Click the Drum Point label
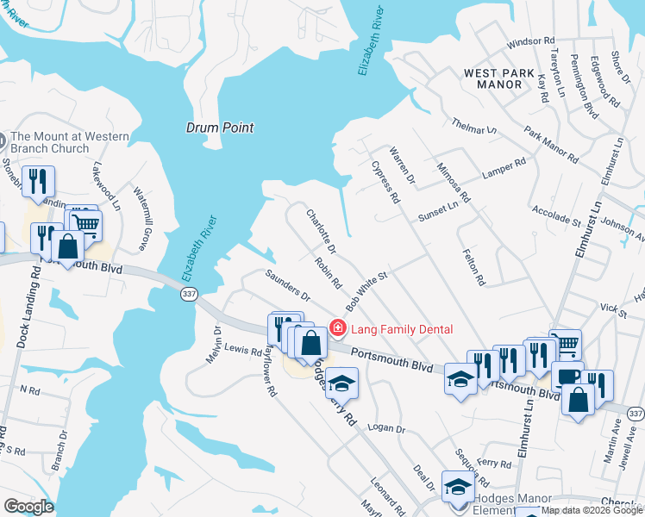220,128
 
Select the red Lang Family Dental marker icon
338,327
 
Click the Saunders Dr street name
287,285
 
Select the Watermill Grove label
142,212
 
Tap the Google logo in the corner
28,507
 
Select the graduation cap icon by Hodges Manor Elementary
458,486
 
